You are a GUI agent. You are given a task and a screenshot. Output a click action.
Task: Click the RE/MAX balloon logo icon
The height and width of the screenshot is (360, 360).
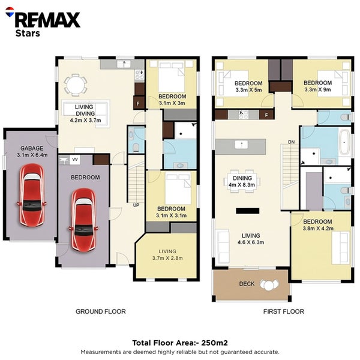point(10,12)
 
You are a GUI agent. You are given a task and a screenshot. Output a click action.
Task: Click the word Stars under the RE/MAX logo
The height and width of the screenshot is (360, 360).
point(28,34)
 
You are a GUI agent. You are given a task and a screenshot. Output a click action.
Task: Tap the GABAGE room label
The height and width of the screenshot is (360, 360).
point(32,148)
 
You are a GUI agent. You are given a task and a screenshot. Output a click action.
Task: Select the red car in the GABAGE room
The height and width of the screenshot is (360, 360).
point(32,195)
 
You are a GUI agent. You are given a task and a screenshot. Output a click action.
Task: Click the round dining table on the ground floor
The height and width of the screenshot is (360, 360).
point(76,85)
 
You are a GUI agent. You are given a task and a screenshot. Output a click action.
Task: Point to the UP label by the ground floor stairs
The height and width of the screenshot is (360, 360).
point(136,205)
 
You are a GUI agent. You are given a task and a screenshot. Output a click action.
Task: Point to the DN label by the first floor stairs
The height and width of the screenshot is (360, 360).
point(292,142)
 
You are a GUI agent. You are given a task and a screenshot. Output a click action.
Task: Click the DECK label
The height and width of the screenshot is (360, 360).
point(247,284)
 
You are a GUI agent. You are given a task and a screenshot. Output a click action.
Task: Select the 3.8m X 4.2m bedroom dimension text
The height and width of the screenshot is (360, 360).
point(318,229)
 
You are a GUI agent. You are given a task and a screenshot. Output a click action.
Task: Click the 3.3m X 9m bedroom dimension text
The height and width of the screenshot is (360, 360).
point(318,89)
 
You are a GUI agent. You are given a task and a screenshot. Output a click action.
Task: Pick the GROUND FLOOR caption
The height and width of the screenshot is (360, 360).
point(101,311)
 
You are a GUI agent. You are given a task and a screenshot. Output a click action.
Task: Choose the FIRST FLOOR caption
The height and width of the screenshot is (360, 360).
point(284,311)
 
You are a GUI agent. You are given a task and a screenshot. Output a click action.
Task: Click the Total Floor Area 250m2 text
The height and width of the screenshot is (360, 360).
point(180,343)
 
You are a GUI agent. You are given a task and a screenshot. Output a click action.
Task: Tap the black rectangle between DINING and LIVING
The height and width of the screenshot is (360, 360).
point(248,211)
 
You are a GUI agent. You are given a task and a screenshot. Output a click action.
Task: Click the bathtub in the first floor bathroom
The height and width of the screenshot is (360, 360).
point(344,142)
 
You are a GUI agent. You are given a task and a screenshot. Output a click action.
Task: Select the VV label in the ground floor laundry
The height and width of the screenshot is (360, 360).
point(75,160)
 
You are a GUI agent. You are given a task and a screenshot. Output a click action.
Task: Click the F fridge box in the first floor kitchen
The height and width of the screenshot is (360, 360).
point(266,115)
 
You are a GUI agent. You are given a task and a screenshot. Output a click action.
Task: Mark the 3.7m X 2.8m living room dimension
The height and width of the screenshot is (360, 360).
point(167,258)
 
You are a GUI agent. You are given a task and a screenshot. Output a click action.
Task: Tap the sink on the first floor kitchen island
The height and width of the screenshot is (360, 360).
point(241,145)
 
